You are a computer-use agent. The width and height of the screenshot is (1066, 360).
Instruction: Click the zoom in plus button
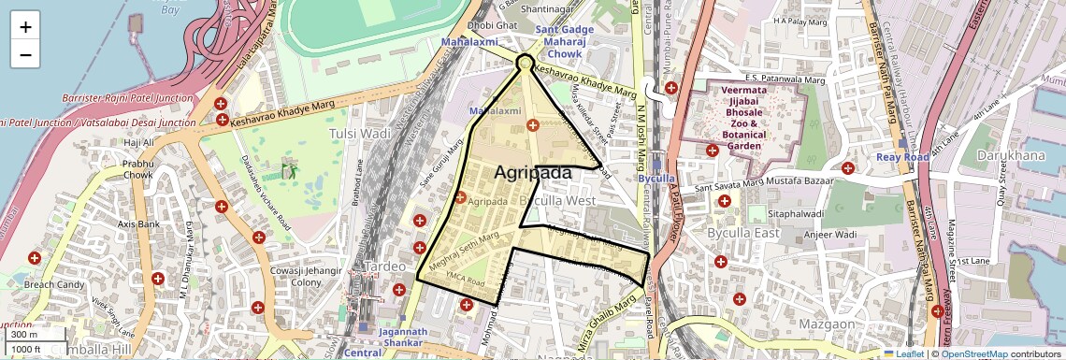click(25, 26)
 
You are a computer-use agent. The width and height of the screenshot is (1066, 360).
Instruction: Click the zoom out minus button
click(25, 54)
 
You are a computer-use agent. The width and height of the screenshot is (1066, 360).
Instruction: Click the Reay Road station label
click(903, 157)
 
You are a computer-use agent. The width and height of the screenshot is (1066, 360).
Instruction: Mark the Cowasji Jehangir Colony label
click(295, 277)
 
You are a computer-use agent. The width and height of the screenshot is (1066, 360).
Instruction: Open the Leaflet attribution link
click(909, 353)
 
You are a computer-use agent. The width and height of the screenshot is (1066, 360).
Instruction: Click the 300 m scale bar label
click(24, 335)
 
